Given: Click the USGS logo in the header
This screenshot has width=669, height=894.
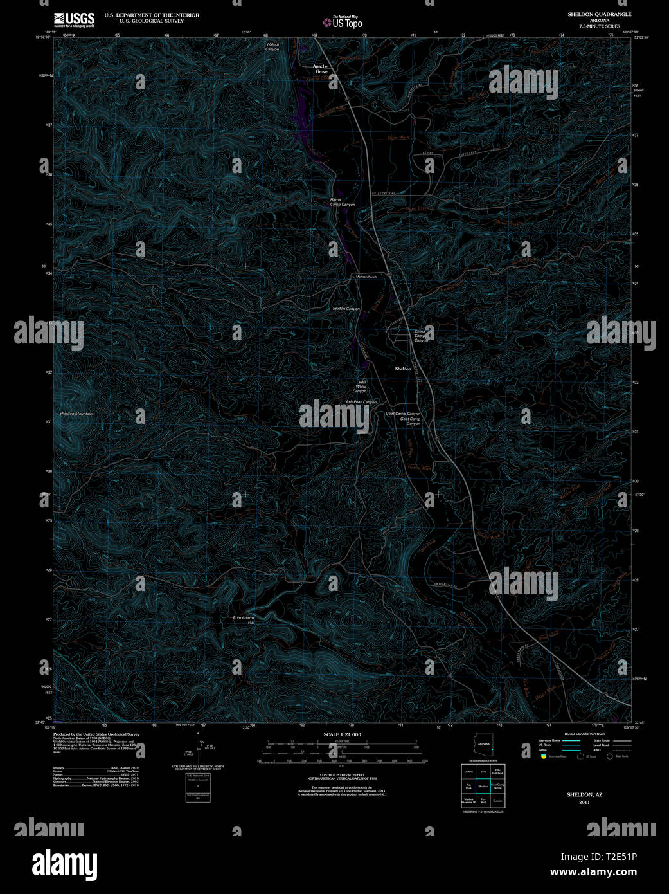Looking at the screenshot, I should click(74, 19).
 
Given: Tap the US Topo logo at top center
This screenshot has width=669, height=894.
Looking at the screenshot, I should click(343, 22).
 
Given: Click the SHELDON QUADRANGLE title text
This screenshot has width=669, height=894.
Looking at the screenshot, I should click(599, 14).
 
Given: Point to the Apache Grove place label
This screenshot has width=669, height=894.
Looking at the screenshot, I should click(321, 69).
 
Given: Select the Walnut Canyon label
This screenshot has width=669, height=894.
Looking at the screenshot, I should click(273, 46).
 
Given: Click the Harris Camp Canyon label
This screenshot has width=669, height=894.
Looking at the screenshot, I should click(342, 202).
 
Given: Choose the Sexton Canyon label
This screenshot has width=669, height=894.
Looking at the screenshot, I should click(346, 309).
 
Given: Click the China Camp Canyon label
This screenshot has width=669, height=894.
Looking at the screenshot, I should click(420, 336).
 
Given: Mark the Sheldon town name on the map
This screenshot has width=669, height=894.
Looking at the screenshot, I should click(403, 369).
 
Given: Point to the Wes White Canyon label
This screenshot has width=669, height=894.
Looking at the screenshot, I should click(359, 387).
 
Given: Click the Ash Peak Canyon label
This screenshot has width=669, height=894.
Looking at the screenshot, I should click(361, 402).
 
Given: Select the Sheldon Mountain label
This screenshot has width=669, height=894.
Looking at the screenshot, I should click(75, 414).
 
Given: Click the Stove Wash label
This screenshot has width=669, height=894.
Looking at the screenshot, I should click(398, 138).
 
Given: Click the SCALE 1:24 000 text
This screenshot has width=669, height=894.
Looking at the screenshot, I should click(342, 734).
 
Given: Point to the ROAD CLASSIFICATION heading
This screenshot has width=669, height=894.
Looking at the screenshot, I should click(584, 734).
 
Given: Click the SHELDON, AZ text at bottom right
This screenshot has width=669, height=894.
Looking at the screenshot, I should click(584, 794).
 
